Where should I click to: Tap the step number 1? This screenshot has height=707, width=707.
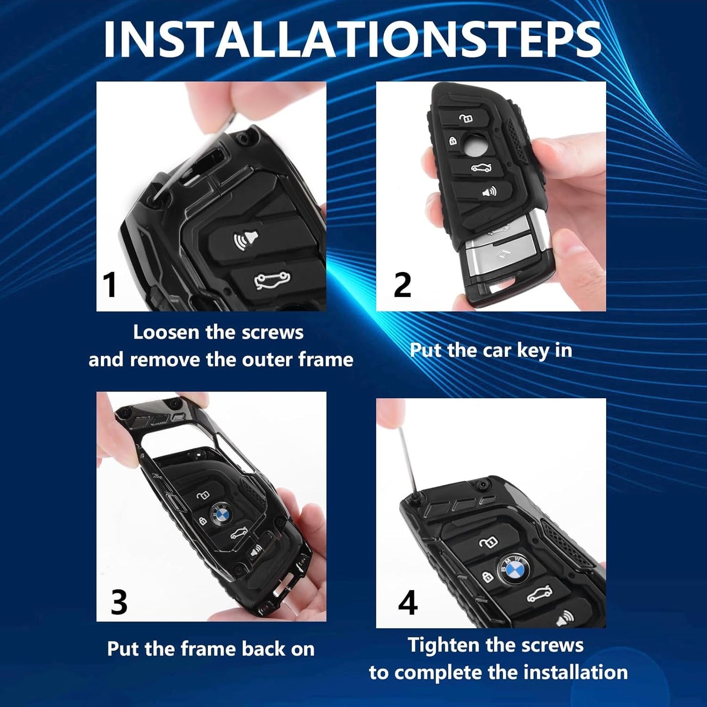pyautogui.click(x=110, y=284)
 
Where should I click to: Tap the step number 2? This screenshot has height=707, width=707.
pyautogui.click(x=402, y=284)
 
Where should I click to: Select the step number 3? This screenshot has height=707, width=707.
pyautogui.click(x=119, y=602)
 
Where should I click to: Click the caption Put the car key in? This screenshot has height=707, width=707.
pyautogui.click(x=491, y=350)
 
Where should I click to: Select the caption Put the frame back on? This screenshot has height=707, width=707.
pyautogui.click(x=211, y=649)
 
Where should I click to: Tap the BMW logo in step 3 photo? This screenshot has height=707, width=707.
pyautogui.click(x=220, y=515)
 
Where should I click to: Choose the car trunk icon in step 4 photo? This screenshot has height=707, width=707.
pyautogui.click(x=539, y=594)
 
